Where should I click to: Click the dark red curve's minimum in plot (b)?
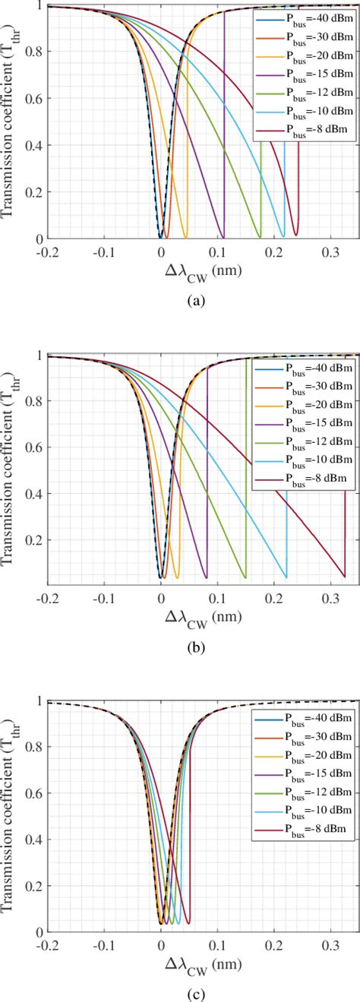tap(343, 576)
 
